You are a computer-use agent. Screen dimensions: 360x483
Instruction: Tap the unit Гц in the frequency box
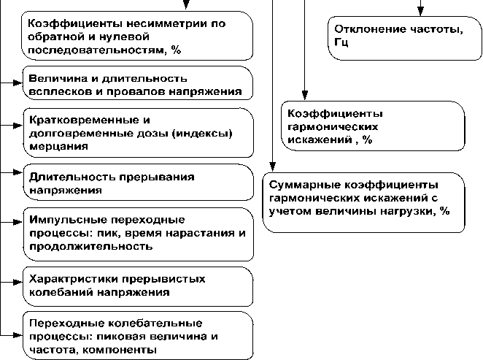pyautogui.click(x=342, y=43)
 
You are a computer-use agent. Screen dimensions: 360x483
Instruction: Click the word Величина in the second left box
pyautogui.click(x=54, y=78)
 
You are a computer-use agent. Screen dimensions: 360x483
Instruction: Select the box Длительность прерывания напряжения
pyautogui.click(x=135, y=183)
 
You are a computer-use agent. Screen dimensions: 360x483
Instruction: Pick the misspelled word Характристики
pyautogui.click(x=72, y=279)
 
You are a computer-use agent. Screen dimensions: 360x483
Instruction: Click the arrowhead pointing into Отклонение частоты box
pyautogui.click(x=420, y=11)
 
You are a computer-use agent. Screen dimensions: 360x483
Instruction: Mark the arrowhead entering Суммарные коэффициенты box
pyautogui.click(x=272, y=167)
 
